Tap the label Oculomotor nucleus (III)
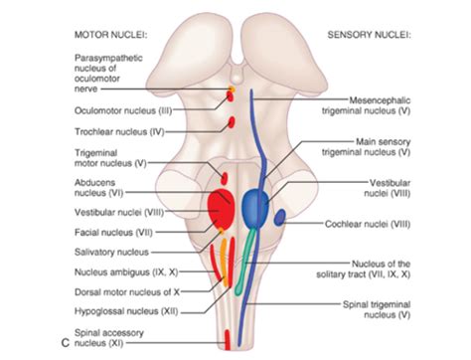tap(121, 112)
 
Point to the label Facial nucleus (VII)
tap(109, 231)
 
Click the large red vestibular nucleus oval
tap(222, 208)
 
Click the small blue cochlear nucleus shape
tap(281, 216)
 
